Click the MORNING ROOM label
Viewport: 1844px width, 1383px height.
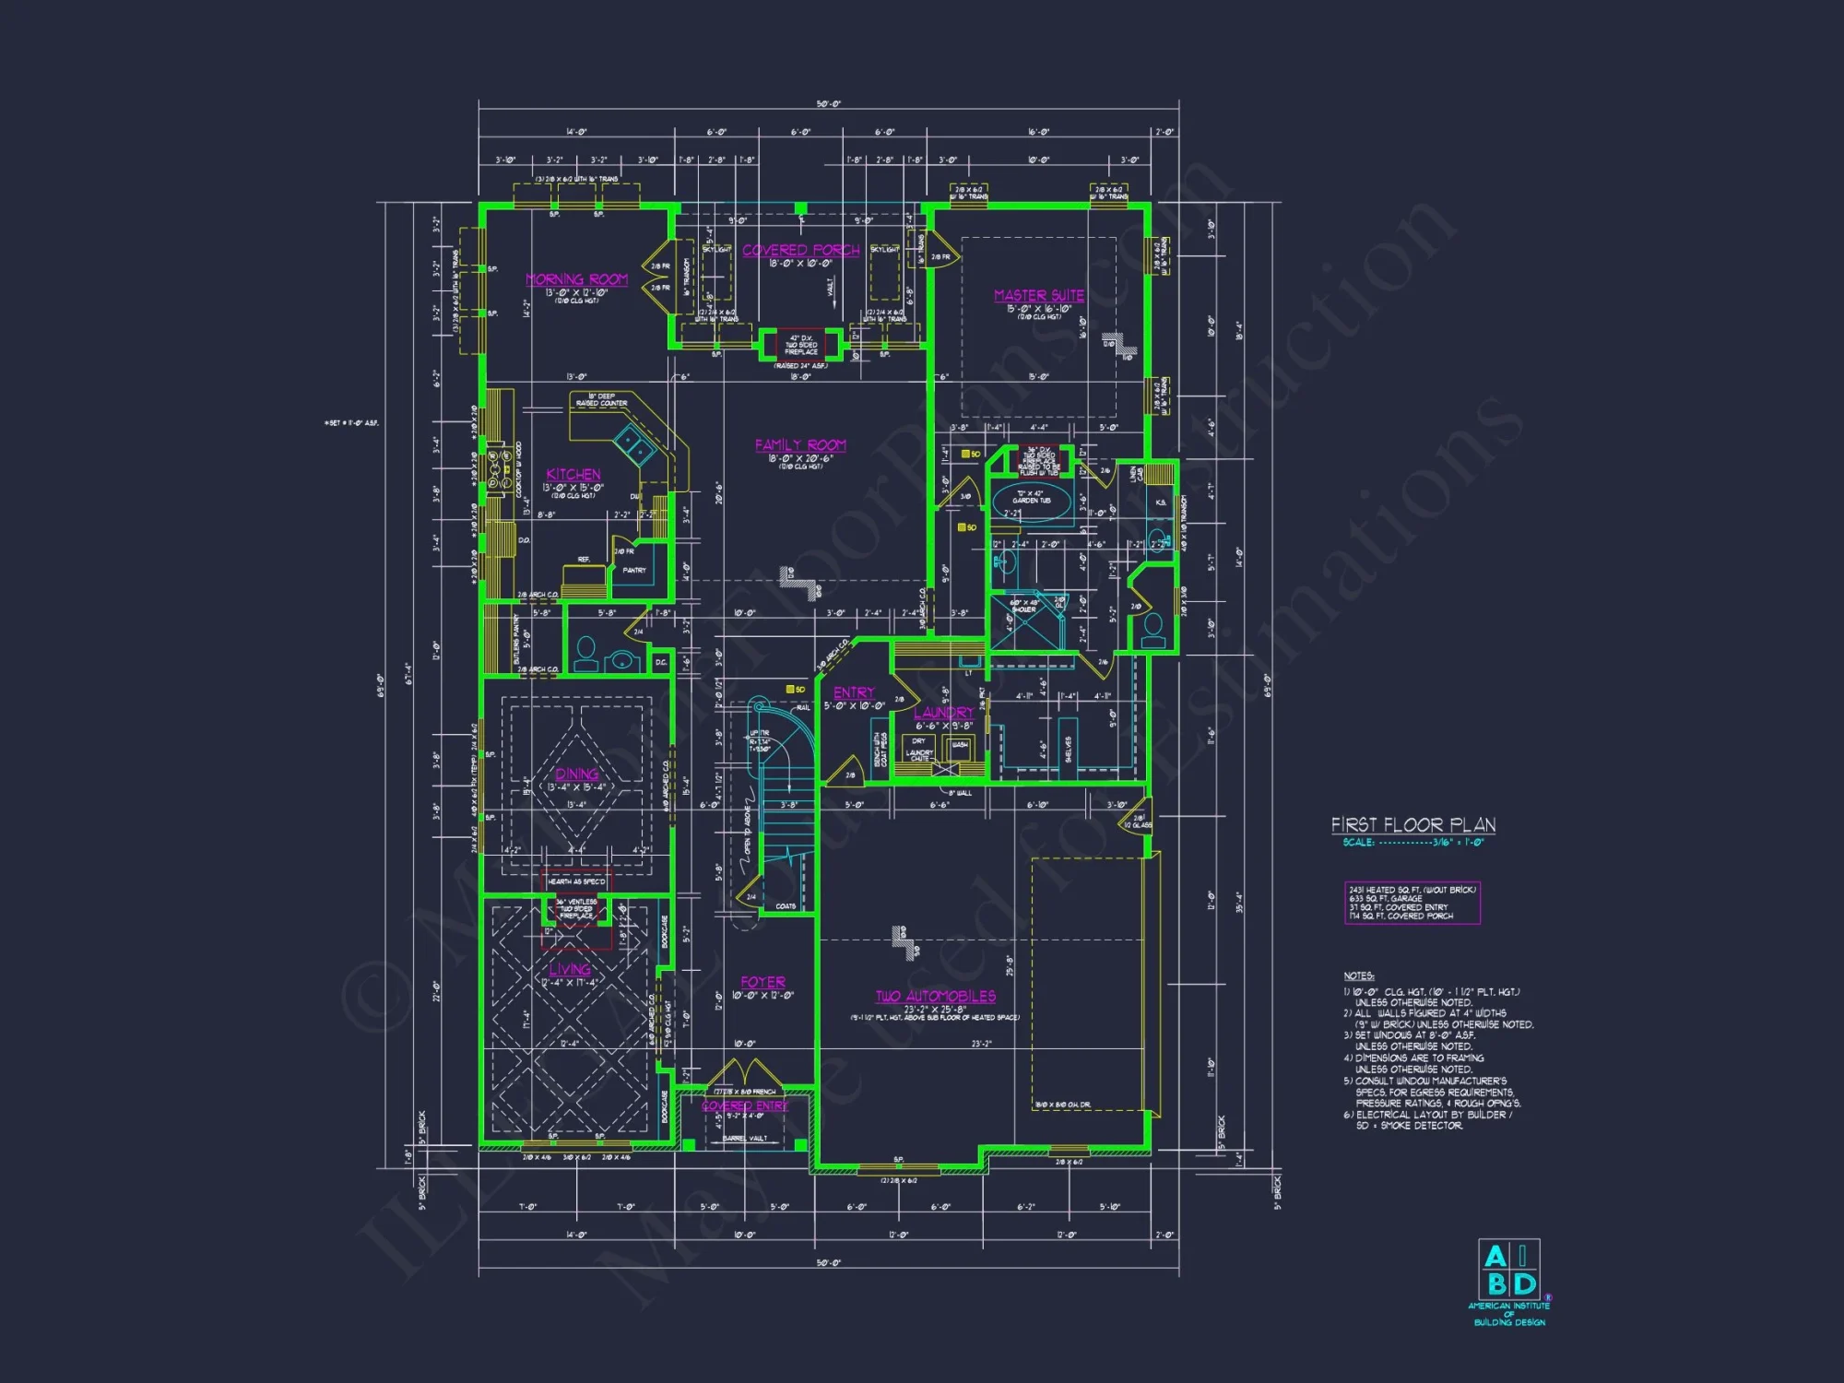coord(576,279)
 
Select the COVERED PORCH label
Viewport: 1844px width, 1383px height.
coord(800,250)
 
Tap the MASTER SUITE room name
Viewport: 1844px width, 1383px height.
coord(1038,295)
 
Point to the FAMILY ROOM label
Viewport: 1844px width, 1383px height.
coord(800,445)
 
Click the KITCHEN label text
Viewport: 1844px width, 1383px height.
coord(573,474)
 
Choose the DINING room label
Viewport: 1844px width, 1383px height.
coord(576,774)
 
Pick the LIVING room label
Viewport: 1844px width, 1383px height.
coord(569,969)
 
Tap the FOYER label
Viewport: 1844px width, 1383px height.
coord(762,982)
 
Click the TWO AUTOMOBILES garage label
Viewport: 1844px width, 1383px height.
coord(935,996)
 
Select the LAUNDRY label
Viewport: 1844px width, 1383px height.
coord(942,713)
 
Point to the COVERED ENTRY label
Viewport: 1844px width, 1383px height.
coord(745,1105)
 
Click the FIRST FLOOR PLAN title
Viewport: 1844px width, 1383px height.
coord(1413,825)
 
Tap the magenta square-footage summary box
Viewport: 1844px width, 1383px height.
coord(1412,903)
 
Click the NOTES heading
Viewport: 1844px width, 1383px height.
coord(1358,975)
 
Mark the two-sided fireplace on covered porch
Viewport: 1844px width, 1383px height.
coord(800,344)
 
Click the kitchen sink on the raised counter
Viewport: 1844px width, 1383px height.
coord(635,444)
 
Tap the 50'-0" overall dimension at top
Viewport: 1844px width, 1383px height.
coord(828,104)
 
